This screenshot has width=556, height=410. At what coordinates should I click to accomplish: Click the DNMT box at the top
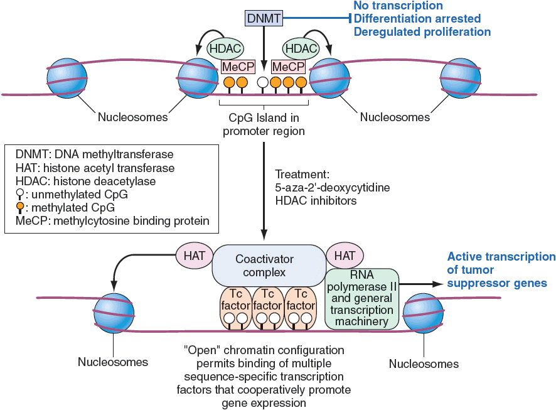click(x=264, y=19)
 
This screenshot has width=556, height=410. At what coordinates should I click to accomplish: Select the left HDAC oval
click(x=225, y=49)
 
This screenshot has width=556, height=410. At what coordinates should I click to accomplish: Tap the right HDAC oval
click(x=300, y=49)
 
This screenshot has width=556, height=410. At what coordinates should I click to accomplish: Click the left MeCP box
click(x=236, y=67)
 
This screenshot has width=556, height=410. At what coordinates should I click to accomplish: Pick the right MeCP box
click(x=288, y=67)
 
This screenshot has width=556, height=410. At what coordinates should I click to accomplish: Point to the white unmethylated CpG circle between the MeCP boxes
click(x=263, y=83)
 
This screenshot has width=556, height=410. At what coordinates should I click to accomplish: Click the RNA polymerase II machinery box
click(x=361, y=298)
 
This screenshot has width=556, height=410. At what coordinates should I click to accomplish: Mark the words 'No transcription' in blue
click(x=398, y=6)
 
